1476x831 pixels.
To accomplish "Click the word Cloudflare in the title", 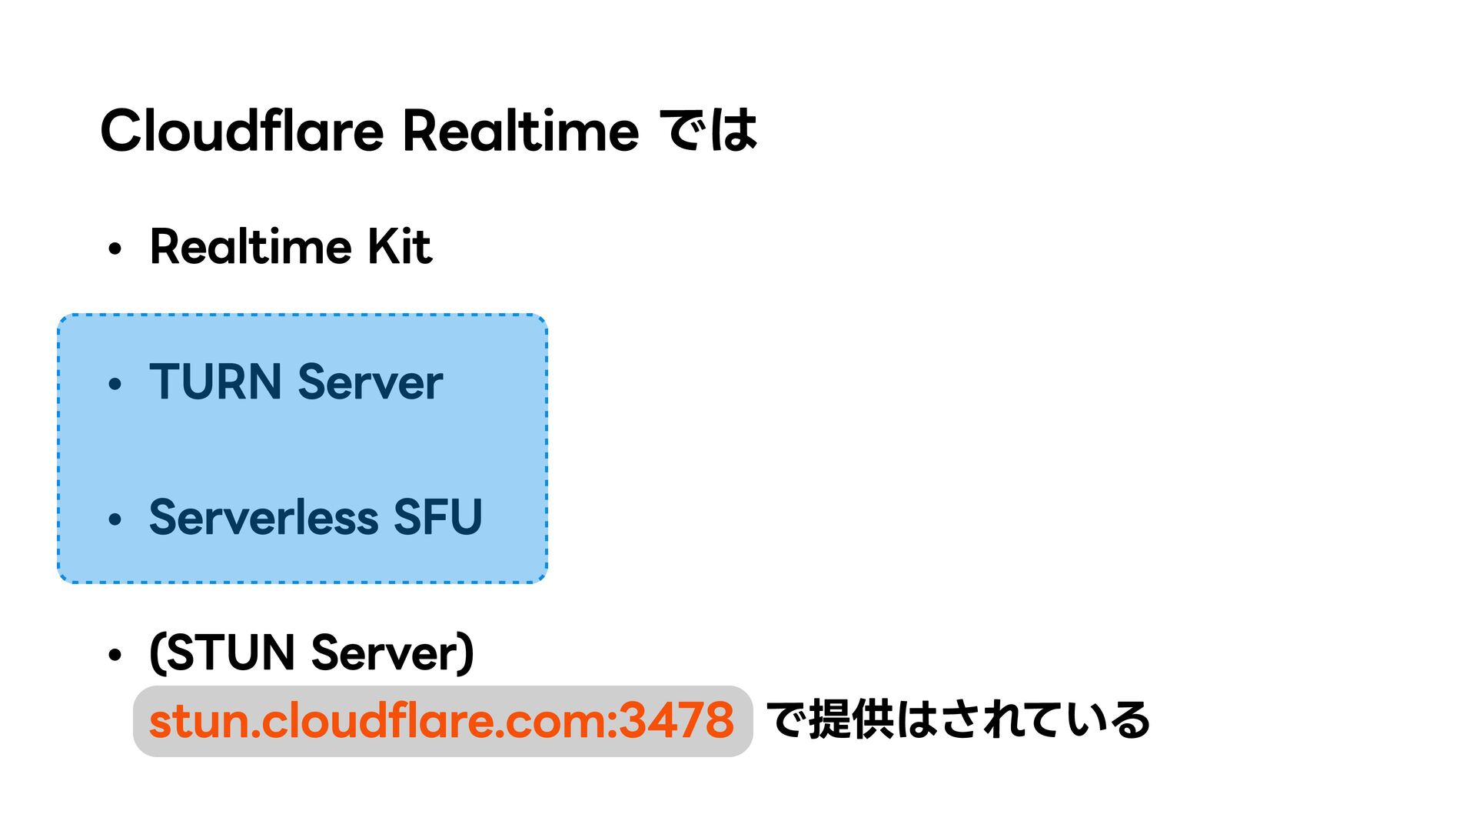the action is [241, 130].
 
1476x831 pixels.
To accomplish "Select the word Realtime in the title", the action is [520, 130].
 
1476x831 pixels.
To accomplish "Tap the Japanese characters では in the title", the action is [711, 130].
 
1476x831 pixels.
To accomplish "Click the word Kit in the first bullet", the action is [399, 247].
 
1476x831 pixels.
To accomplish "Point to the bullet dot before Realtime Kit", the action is [115, 249].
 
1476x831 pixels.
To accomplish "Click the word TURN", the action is [215, 382].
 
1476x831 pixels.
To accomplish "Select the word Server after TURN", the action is [370, 382].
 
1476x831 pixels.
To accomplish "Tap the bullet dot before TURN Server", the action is [115, 384].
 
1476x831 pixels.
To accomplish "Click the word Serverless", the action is [263, 517].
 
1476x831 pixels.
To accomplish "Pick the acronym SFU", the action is [437, 517].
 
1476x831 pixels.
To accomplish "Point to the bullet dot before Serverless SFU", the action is [115, 520].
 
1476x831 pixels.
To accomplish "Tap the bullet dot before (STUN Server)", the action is [115, 656].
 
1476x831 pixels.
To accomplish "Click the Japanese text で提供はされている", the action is [958, 720].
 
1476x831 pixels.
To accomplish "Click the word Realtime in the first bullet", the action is [250, 247].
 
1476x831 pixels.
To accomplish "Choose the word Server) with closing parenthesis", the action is [393, 652].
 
